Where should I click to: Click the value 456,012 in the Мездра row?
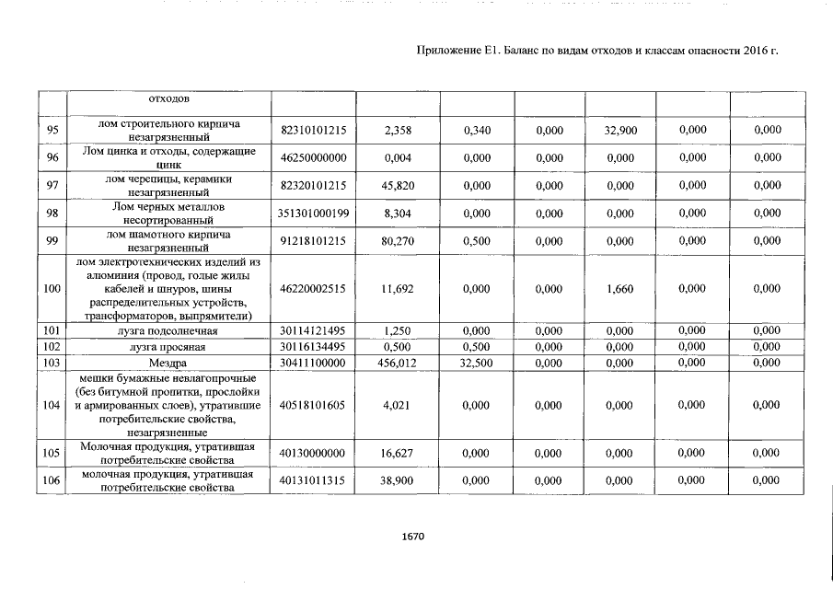(398, 364)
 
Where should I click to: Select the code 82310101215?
(313, 131)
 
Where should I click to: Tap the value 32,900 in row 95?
(620, 131)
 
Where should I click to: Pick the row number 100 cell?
(52, 289)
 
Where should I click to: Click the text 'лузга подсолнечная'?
(170, 330)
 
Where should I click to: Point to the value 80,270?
(398, 242)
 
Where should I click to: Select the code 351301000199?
(313, 214)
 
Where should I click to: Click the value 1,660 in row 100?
(620, 289)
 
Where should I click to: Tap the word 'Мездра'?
(170, 364)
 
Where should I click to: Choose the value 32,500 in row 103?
(479, 364)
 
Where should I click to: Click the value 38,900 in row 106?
(398, 480)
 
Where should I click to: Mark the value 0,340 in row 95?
(479, 131)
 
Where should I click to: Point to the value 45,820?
(398, 186)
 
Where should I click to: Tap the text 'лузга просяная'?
(170, 347)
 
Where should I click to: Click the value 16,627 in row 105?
(398, 453)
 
